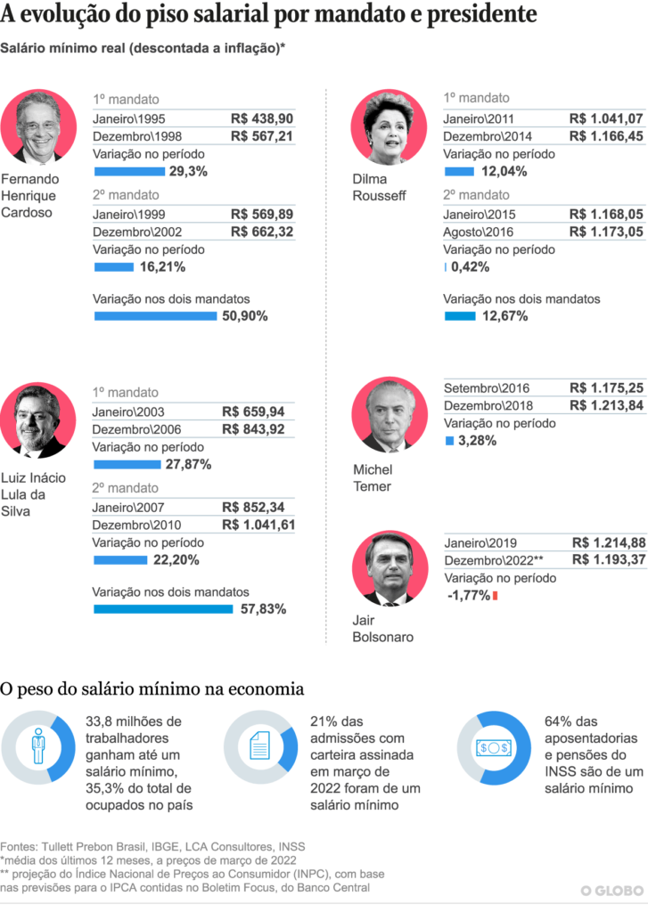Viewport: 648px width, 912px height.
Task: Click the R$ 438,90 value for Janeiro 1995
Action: [261, 119]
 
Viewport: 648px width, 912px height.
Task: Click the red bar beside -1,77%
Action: [495, 596]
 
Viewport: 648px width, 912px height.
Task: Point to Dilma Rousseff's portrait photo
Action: [389, 127]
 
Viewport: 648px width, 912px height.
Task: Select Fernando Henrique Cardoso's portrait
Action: [38, 127]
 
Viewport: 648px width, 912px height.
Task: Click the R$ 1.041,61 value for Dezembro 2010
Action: [257, 525]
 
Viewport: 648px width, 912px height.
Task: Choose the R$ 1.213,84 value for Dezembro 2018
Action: [605, 405]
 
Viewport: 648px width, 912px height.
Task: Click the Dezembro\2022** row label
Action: [494, 559]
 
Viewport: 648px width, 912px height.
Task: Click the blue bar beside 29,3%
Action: [129, 171]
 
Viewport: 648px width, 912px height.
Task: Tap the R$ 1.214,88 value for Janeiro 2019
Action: [606, 542]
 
